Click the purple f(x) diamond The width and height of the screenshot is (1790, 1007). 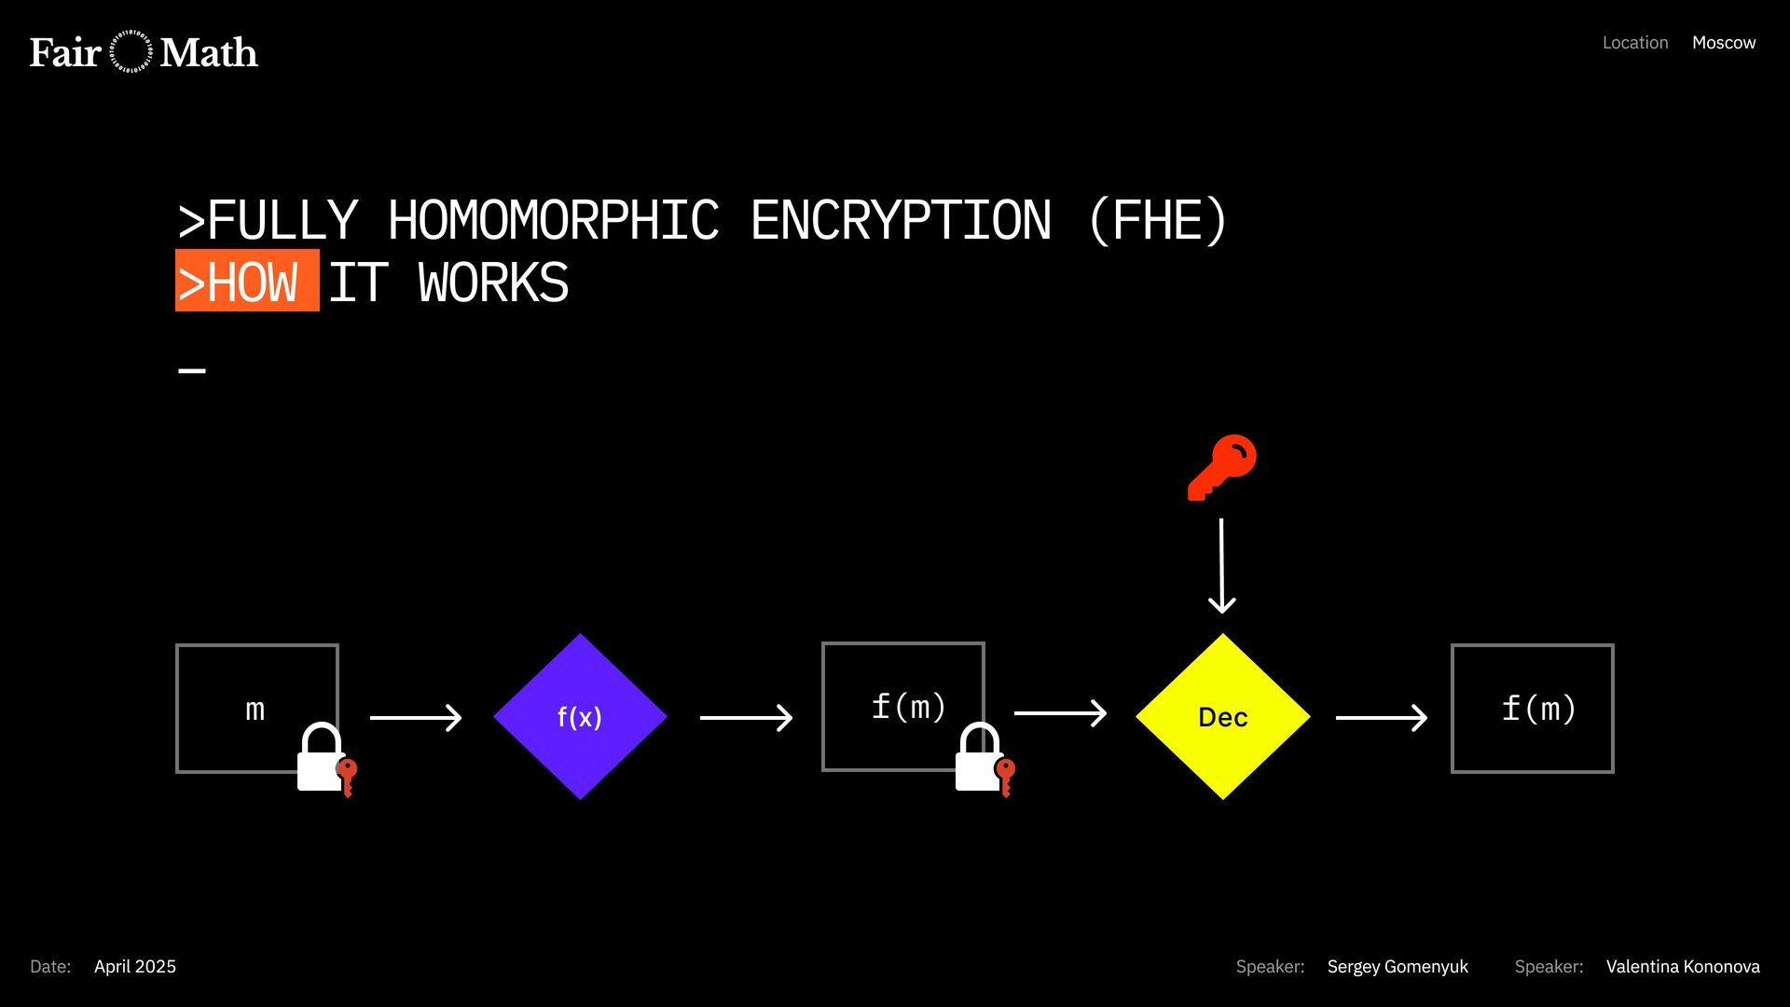click(x=580, y=716)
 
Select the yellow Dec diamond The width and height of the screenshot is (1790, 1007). click(x=1222, y=716)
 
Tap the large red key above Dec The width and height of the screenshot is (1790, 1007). click(x=1222, y=466)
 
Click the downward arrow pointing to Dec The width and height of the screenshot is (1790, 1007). click(x=1221, y=566)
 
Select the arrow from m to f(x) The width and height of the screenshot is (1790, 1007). click(x=416, y=717)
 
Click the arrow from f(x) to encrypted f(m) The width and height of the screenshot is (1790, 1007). click(x=746, y=717)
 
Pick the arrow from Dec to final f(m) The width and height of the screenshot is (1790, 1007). click(x=1382, y=717)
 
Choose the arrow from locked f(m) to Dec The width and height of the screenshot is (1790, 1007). click(x=1060, y=713)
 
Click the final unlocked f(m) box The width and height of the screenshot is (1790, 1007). click(x=1532, y=708)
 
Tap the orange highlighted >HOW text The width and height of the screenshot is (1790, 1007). click(x=247, y=281)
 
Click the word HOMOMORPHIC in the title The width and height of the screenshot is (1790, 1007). click(x=553, y=221)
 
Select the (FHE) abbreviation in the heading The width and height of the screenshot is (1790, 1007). click(x=1158, y=221)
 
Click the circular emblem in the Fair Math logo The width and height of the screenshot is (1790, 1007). click(x=131, y=52)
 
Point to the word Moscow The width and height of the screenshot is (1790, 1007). click(x=1724, y=43)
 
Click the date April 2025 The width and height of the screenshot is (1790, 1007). click(x=135, y=967)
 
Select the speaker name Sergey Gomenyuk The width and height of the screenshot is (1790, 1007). click(x=1398, y=967)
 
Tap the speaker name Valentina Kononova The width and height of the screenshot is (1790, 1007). click(x=1683, y=967)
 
